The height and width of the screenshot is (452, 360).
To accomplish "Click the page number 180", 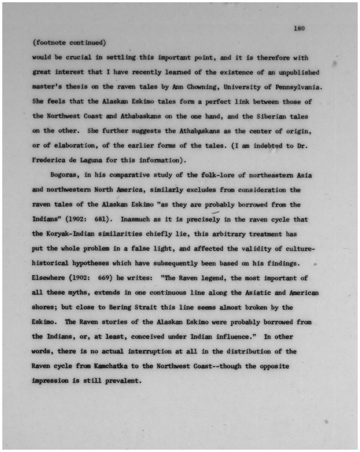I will point(299,29).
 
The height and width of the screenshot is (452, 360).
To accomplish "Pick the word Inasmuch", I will point(135,219).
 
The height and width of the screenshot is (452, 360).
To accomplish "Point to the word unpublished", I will point(298,72).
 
